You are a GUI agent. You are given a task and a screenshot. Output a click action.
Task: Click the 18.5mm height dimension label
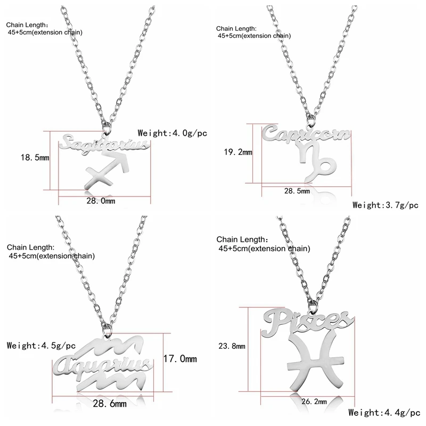tap(35, 158)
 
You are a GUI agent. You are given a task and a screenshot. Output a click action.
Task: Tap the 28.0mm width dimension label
tap(101, 201)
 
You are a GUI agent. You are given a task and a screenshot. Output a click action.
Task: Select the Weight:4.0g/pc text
tap(172, 133)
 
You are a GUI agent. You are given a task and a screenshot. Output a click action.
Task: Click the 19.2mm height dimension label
tap(238, 152)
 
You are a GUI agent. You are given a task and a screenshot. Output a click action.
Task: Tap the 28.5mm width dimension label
tap(297, 191)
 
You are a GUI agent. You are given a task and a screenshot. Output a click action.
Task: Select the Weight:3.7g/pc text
tap(385, 205)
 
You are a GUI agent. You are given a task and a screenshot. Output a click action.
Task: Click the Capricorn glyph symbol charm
tap(316, 163)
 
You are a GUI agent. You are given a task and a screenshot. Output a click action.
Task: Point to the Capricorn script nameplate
tap(306, 134)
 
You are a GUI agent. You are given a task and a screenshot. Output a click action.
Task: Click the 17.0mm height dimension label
tap(180, 358)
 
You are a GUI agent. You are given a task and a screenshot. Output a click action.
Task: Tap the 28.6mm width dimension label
tap(110, 404)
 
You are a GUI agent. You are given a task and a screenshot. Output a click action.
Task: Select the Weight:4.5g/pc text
tap(41, 346)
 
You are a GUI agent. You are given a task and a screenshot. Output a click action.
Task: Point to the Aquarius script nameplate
tap(103, 366)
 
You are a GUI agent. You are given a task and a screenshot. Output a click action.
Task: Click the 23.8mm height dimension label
tap(232, 346)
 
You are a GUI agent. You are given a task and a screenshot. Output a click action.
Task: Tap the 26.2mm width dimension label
tap(314, 402)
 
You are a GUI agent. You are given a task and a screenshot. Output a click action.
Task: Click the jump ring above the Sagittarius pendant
tap(107, 128)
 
